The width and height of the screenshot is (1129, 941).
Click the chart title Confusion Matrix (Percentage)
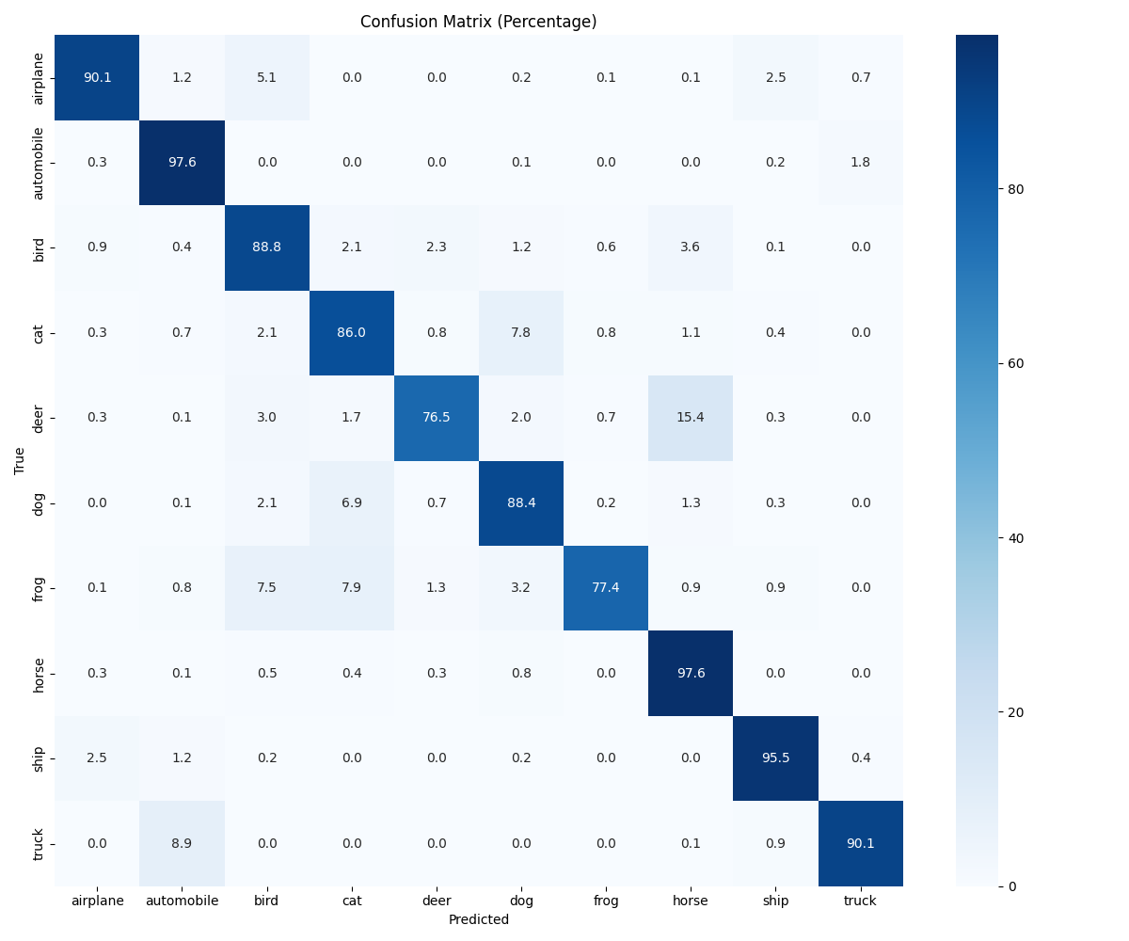point(478,22)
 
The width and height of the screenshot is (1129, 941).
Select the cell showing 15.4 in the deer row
point(691,417)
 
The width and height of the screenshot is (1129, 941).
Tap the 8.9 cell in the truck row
point(182,843)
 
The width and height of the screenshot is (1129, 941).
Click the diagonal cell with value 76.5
point(437,417)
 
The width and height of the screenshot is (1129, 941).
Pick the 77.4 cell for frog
point(606,587)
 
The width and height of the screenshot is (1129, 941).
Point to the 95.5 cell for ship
point(775,758)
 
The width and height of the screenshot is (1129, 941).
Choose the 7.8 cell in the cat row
point(521,332)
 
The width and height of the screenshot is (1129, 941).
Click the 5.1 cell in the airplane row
point(266,77)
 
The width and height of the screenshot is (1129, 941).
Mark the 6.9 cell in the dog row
point(351,502)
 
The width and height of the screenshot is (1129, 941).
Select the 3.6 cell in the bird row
point(691,247)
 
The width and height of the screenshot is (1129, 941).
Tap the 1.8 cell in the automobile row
point(860,162)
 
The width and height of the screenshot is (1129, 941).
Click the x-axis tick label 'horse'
point(691,901)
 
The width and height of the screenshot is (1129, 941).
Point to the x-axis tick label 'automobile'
point(182,901)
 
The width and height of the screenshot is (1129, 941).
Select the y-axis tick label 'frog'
point(39,587)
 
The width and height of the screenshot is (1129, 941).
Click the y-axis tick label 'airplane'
point(39,77)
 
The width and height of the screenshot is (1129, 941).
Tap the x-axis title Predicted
point(478,919)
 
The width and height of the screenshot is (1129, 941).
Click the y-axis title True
point(19,460)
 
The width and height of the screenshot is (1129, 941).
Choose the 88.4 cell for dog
point(521,502)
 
